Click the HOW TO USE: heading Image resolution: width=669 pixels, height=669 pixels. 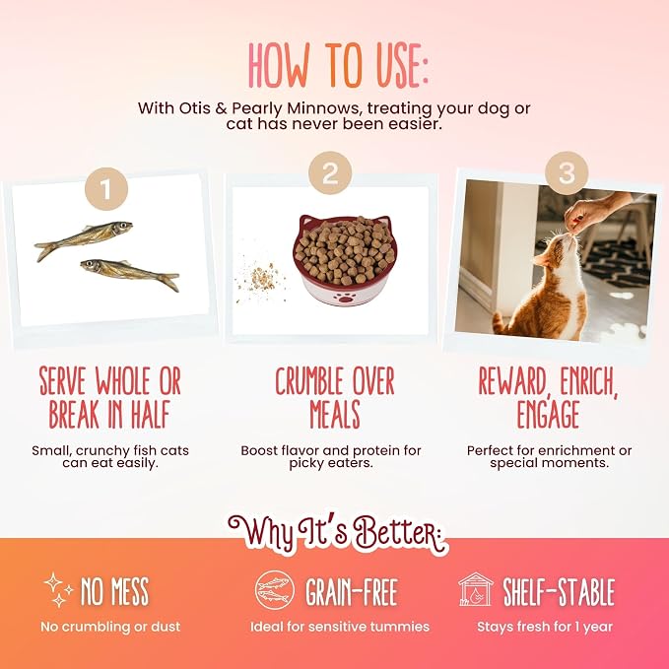338,65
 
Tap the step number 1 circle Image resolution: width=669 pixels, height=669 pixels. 106,188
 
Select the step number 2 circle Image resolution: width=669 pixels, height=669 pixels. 330,172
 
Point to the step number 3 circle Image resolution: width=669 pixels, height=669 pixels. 567,172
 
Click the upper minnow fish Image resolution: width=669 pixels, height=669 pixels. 84,238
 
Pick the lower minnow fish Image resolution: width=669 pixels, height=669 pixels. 130,272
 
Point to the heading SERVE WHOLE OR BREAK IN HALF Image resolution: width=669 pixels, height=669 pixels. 110,397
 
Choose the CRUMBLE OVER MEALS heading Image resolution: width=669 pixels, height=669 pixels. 335,397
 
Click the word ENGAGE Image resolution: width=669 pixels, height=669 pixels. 548,414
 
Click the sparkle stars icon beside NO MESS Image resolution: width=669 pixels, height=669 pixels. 58,589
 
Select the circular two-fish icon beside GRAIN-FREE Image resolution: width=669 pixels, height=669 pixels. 275,590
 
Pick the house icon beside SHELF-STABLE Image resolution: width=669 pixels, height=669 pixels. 476,589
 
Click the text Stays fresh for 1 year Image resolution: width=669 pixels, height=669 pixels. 545,627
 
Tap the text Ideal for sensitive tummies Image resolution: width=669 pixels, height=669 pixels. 340,627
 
